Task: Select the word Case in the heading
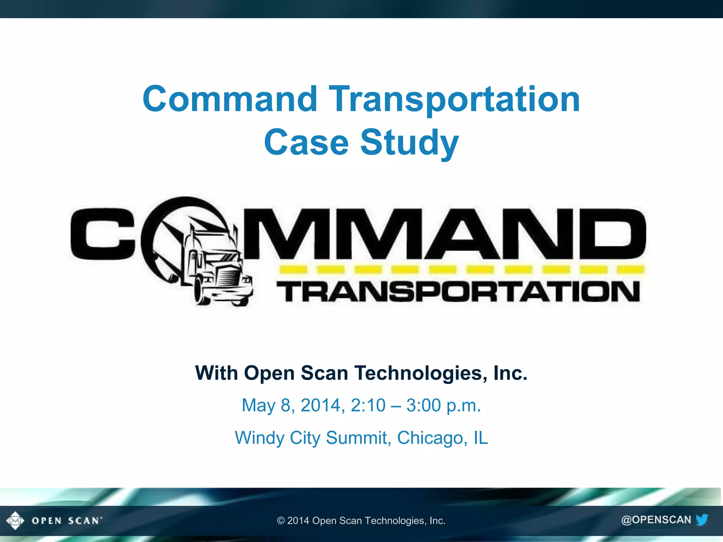pos(306,142)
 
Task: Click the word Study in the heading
pos(409,142)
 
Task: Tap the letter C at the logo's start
pos(102,234)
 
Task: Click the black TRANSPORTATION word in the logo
pos(458,292)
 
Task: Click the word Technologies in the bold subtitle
pos(418,373)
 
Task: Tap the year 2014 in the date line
pos(320,405)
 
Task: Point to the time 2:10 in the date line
pos(368,405)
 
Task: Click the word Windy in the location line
pos(259,438)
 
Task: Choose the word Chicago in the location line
pos(430,438)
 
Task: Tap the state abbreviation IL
pos(480,438)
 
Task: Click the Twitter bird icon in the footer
pos(702,519)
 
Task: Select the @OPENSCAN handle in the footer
pos(656,520)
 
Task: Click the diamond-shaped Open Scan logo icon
pos(15,520)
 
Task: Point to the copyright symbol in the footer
pos(281,521)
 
